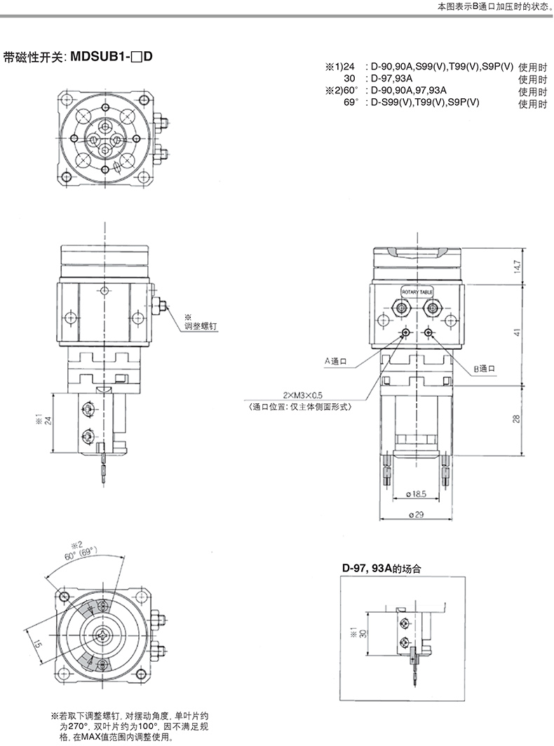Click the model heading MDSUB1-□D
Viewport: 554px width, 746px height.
112,57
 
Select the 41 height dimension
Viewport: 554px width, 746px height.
518,332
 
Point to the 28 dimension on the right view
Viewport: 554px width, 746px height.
518,419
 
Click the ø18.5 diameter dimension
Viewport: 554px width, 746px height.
417,494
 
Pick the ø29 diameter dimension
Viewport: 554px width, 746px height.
416,515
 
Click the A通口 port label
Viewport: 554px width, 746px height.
335,361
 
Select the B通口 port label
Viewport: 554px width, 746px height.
485,368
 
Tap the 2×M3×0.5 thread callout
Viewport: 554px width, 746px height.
303,395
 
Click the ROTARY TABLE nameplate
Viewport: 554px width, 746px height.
417,292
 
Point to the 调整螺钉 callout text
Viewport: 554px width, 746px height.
201,326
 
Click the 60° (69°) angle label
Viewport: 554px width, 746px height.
82,554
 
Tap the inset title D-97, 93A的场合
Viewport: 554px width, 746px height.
381,568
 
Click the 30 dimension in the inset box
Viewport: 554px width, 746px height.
364,633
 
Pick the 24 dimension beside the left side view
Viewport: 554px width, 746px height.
48,421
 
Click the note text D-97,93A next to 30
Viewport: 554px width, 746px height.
392,79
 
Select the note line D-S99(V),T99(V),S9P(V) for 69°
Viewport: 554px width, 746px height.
425,102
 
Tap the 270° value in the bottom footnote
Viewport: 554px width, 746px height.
79,727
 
